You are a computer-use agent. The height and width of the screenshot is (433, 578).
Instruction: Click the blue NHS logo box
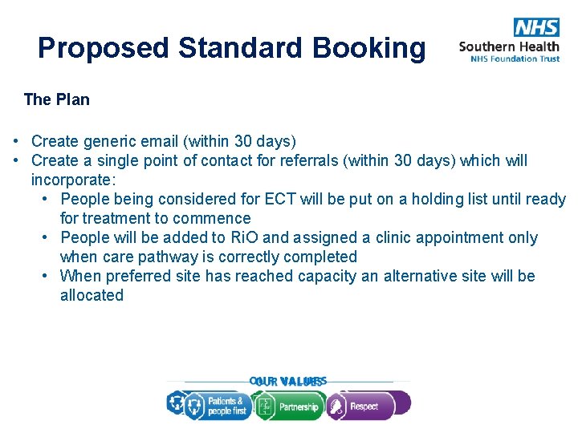coord(536,27)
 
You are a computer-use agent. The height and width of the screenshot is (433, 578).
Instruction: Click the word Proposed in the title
coord(104,48)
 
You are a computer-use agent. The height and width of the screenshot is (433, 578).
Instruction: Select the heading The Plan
coord(57,99)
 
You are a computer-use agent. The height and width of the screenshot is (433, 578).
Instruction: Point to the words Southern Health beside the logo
coord(509,47)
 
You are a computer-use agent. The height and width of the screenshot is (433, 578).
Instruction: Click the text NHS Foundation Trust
coord(515,59)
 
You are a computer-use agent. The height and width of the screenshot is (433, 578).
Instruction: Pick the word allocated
coord(92,295)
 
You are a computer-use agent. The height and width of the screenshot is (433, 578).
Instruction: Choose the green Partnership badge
coord(288,407)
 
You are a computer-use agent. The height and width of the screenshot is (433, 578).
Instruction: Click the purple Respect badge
coord(368,406)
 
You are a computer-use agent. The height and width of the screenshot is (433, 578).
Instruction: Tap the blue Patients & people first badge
coord(217,407)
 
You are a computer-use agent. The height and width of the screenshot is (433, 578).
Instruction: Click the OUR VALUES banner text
coord(287,382)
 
